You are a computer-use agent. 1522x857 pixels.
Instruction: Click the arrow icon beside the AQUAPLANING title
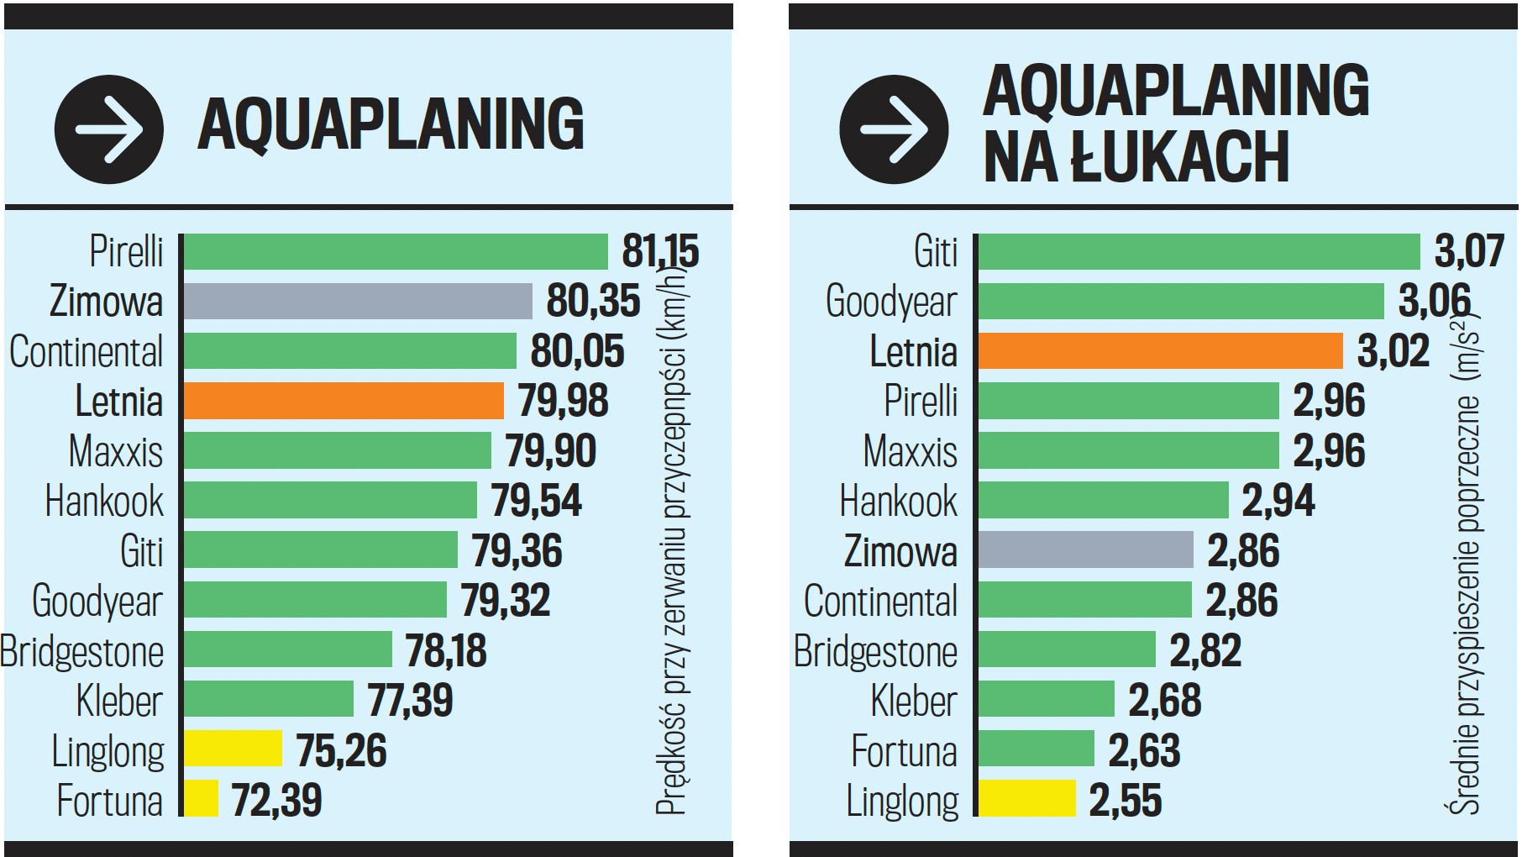tap(108, 129)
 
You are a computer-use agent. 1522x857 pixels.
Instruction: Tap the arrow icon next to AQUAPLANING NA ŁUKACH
tap(894, 129)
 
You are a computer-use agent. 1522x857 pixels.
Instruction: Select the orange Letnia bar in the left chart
tap(343, 401)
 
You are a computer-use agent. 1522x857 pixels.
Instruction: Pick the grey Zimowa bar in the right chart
tap(1085, 549)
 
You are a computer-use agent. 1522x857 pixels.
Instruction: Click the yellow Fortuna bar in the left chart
tap(201, 798)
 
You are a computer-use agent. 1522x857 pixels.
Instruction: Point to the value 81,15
tap(659, 251)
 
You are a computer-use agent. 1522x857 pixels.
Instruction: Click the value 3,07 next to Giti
tap(1467, 251)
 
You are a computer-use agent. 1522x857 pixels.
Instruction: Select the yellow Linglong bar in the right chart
tap(1026, 798)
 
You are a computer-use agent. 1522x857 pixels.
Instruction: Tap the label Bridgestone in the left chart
tap(82, 651)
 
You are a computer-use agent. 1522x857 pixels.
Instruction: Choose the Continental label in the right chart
tap(880, 601)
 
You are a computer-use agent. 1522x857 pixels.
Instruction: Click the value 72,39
tap(276, 800)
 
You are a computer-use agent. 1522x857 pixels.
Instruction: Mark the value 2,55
tap(1125, 800)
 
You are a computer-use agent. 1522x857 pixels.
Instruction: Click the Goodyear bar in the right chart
tap(1180, 301)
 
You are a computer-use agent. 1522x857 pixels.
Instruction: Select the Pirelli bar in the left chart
tap(395, 251)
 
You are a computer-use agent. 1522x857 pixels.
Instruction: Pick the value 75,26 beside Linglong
tap(341, 750)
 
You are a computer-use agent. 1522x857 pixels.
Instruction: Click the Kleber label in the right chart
tap(913, 701)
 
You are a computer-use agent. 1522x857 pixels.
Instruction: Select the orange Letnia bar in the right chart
tap(1160, 351)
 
